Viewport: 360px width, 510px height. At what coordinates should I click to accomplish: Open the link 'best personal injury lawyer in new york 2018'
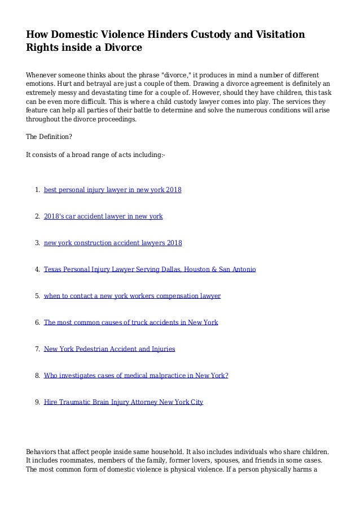point(112,190)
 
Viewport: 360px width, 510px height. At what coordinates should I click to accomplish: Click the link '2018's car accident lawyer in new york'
point(103,216)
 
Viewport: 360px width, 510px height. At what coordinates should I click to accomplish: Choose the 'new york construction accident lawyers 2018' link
point(113,243)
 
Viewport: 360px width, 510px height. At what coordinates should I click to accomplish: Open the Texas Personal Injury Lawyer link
point(150,269)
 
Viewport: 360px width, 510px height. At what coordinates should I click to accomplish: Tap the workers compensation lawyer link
point(132,296)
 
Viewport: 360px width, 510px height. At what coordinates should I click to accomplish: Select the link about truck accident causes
point(131,322)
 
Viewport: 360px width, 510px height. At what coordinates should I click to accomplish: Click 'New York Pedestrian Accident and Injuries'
point(109,349)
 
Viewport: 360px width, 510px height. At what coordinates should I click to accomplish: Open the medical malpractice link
point(136,376)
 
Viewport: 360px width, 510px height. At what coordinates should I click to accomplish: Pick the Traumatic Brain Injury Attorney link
point(123,402)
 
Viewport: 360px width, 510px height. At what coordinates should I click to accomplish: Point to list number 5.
point(37,296)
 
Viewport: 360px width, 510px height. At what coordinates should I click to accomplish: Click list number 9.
point(37,402)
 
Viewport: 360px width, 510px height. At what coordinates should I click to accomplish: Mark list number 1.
point(37,190)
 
